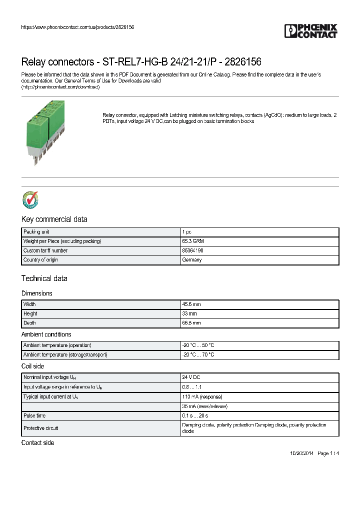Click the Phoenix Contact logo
310,31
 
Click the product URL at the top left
77,27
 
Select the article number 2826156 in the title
243,62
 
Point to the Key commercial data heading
54,219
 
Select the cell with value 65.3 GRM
192,241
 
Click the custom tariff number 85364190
193,250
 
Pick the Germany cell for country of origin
192,260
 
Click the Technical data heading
44,278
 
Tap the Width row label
29,304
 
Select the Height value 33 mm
189,313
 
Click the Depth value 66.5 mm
191,323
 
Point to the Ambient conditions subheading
46,334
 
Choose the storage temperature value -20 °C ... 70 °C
198,354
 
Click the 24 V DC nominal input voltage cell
191,377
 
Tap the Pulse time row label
34,415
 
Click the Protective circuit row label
40,428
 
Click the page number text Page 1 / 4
328,453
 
